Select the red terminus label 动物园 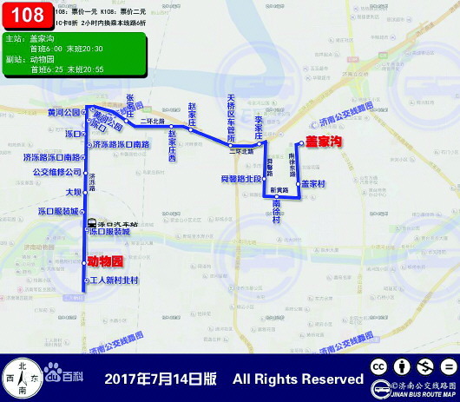click(x=107, y=260)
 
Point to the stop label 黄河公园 click(x=63, y=113)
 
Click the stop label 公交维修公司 click(x=56, y=172)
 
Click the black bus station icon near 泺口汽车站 click(x=92, y=223)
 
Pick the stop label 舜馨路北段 click(x=240, y=178)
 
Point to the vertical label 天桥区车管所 click(x=231, y=119)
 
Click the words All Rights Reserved click(x=298, y=379)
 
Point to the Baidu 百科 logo click(x=64, y=376)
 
